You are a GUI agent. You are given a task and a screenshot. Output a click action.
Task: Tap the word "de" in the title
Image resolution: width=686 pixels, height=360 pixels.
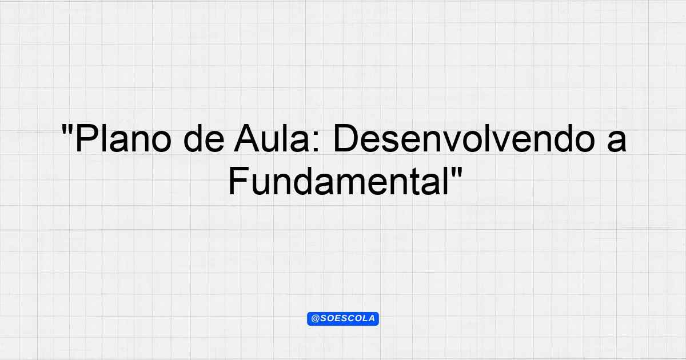[x=204, y=138]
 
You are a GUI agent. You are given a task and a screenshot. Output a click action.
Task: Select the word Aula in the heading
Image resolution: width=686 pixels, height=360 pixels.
[x=272, y=138]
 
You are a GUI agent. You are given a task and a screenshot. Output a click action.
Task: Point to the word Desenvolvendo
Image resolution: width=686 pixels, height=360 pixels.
[x=464, y=138]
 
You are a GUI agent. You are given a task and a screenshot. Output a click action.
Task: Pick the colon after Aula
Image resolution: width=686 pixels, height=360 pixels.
[x=316, y=142]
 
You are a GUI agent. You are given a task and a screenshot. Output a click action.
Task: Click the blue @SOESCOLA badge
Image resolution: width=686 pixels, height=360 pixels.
[x=343, y=319]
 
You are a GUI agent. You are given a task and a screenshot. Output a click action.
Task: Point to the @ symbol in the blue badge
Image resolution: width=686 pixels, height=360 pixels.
[x=316, y=319]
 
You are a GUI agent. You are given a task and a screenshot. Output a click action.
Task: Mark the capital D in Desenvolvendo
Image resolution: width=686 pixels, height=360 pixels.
[x=346, y=138]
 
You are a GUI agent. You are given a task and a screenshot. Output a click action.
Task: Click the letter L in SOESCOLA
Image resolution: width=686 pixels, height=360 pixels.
[x=364, y=319]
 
